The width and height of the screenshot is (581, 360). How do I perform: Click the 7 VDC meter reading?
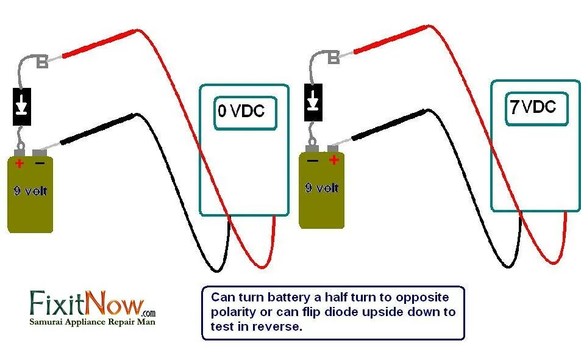coord(533,107)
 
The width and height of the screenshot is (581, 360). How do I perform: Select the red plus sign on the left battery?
coord(20,163)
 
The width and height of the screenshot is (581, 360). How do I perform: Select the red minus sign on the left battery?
coord(40,163)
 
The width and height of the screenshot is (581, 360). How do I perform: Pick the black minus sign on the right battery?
coord(313,160)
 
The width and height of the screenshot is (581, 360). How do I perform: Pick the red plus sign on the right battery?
coord(333,160)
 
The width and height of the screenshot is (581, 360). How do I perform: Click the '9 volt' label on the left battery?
coord(30,190)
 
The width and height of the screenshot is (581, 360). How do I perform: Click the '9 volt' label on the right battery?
coord(322,187)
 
